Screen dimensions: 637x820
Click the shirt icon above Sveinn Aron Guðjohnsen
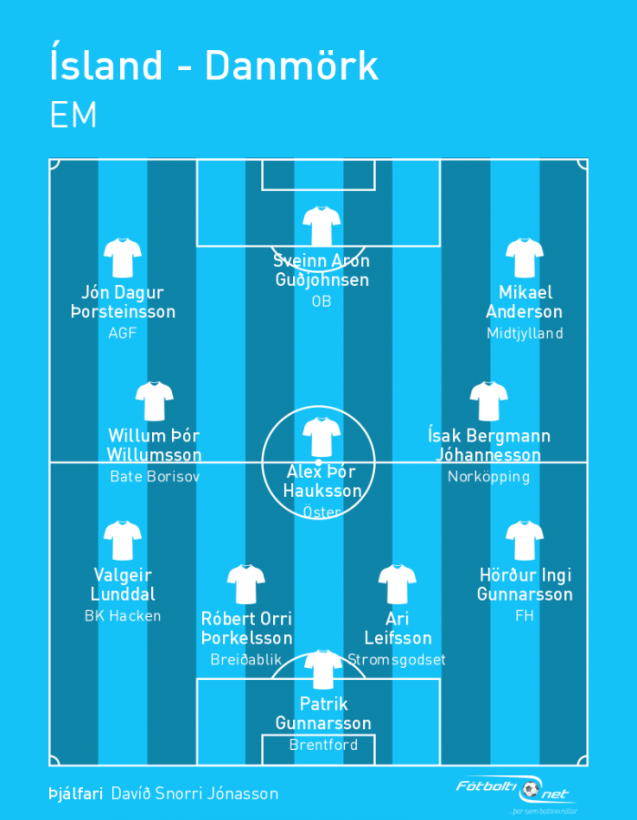[x=321, y=226]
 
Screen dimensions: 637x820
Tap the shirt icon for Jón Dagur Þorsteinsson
[x=122, y=258]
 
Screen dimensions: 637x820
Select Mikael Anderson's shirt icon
[x=524, y=258]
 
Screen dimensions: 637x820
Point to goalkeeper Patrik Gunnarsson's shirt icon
[x=323, y=670]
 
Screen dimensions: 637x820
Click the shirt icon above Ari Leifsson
[x=397, y=584]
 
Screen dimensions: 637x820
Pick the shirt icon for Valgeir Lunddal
[x=122, y=541]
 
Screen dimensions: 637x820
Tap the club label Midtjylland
[x=524, y=334]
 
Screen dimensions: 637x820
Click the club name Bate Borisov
[x=155, y=476]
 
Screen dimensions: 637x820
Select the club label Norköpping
[x=489, y=477]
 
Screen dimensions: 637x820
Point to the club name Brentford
[x=323, y=744]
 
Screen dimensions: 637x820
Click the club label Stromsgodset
[x=397, y=660]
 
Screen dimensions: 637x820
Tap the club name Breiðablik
[x=246, y=660]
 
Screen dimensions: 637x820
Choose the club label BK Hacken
[x=123, y=616]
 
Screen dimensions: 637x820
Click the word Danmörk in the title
[x=291, y=66]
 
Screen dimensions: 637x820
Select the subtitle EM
[x=73, y=115]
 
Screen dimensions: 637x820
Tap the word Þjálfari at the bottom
[x=76, y=794]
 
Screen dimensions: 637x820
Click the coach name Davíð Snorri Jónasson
[x=195, y=794]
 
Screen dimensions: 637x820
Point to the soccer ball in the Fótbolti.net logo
[x=531, y=789]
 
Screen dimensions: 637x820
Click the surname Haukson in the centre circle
[x=322, y=491]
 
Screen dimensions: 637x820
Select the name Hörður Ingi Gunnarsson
[x=525, y=584]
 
